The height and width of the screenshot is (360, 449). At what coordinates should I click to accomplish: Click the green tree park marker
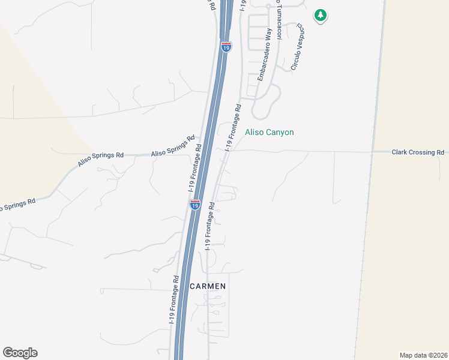point(321,15)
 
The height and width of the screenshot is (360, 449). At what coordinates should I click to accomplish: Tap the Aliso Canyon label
point(270,132)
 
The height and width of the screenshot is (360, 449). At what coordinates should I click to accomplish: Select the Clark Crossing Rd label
point(418,152)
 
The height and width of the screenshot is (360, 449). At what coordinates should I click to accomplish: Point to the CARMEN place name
point(208,286)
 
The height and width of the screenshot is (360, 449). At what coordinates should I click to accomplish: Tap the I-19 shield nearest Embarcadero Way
point(226,46)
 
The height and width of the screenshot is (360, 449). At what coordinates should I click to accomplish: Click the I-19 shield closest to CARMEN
point(195,205)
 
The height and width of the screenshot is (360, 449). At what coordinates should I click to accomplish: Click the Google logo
point(20,353)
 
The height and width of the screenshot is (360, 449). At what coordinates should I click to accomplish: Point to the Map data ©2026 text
point(423,354)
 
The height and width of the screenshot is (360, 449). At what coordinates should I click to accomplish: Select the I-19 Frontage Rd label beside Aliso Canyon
point(233,128)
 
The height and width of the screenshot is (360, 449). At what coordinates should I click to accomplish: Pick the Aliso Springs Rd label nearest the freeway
point(173,146)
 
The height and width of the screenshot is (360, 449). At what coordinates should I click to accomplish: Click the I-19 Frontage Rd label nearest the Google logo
point(174,300)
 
